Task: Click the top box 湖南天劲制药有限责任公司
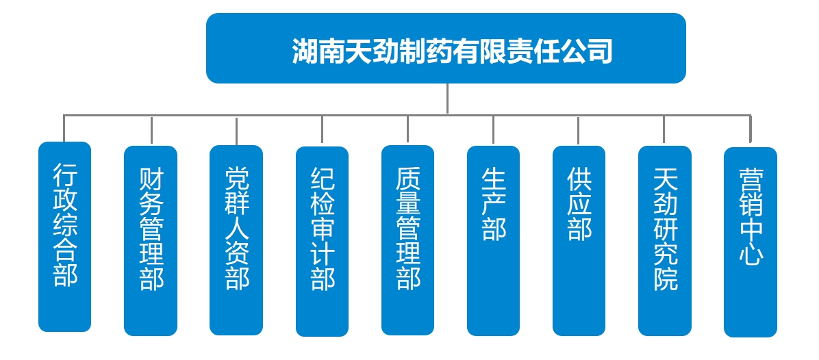pyautogui.click(x=446, y=48)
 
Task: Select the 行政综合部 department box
pyautogui.click(x=65, y=237)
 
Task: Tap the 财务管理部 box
pyautogui.click(x=151, y=240)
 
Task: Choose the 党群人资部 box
pyautogui.click(x=236, y=240)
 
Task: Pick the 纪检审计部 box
pyautogui.click(x=322, y=241)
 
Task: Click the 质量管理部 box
pyautogui.click(x=407, y=240)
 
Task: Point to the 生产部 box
pyautogui.click(x=493, y=240)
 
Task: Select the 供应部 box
pyautogui.click(x=579, y=240)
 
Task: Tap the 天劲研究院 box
pyautogui.click(x=664, y=240)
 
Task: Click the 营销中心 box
pyautogui.click(x=750, y=242)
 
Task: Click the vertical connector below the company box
pyautogui.click(x=447, y=98)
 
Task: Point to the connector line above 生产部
pyautogui.click(x=493, y=129)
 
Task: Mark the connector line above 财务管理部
pyautogui.click(x=151, y=129)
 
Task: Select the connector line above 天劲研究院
pyautogui.click(x=664, y=129)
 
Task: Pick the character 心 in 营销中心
pyautogui.click(x=751, y=255)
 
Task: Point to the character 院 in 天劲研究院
pyautogui.click(x=665, y=279)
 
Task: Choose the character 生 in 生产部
pyautogui.click(x=493, y=180)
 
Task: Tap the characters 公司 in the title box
pyautogui.click(x=588, y=51)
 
